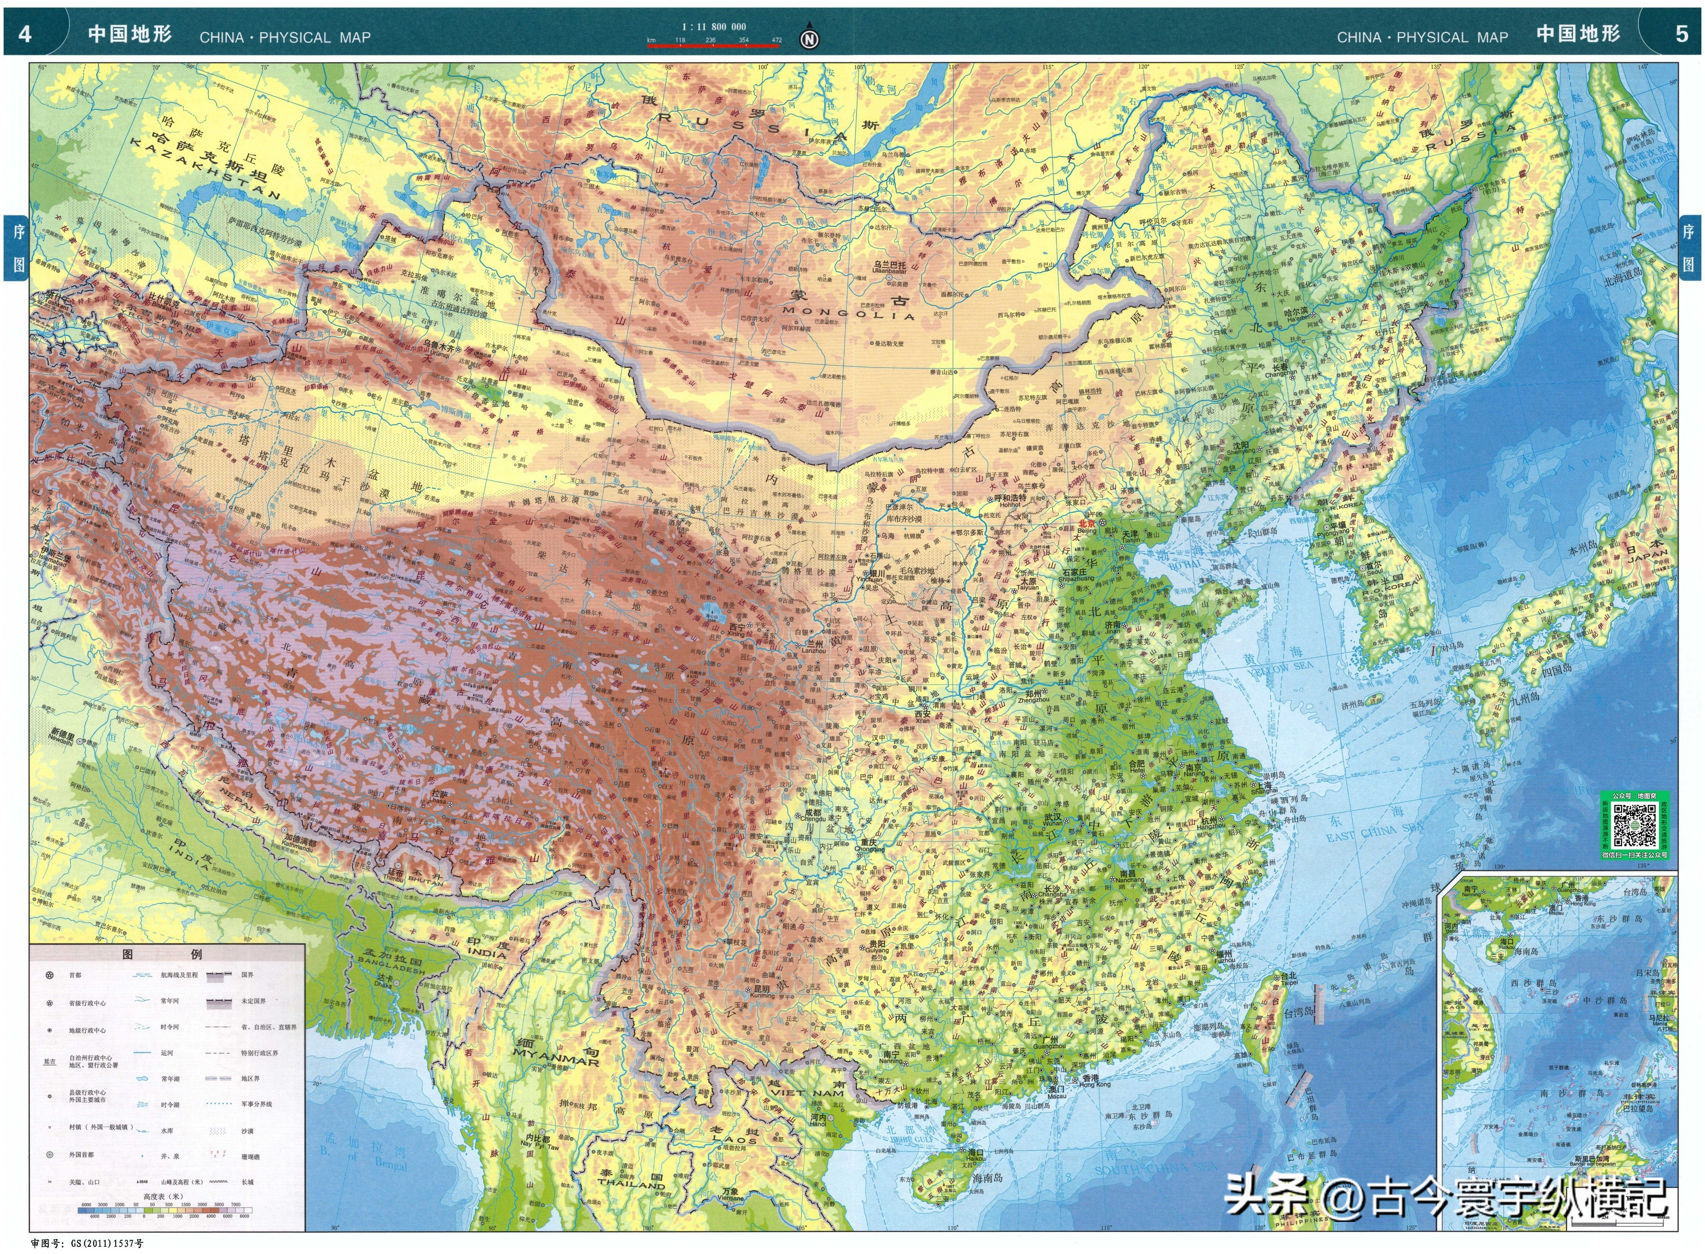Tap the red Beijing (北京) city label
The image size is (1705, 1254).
tap(1088, 523)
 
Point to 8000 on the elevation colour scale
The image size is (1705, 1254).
tap(244, 1216)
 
